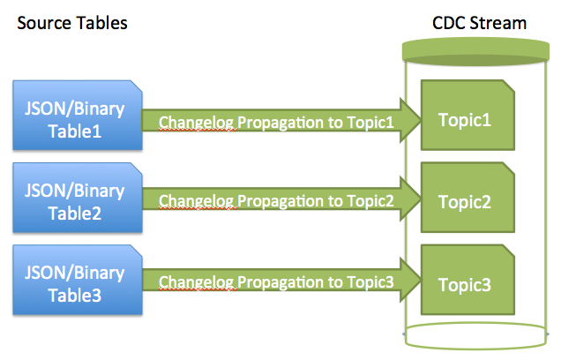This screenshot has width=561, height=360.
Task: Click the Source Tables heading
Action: pyautogui.click(x=72, y=23)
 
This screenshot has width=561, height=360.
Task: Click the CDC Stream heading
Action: pyautogui.click(x=480, y=23)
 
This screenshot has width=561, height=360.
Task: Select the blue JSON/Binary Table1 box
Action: pyautogui.click(x=78, y=115)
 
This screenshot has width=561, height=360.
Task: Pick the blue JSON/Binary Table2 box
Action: pyautogui.click(x=78, y=198)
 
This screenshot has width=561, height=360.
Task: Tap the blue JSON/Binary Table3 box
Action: pyautogui.click(x=78, y=280)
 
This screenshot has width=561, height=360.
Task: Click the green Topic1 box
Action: pyautogui.click(x=468, y=115)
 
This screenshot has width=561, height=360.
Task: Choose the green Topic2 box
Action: pyautogui.click(x=468, y=198)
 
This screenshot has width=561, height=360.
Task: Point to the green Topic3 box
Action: pyautogui.click(x=468, y=280)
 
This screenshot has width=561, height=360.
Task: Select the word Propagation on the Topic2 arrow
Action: pyautogui.click(x=280, y=201)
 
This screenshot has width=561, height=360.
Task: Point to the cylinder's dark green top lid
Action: pyautogui.click(x=475, y=51)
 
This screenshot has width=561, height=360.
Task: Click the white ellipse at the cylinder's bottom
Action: pyautogui.click(x=475, y=347)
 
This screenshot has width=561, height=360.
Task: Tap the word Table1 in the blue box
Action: pyautogui.click(x=75, y=131)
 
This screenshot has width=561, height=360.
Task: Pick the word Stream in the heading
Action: pyautogui.click(x=498, y=23)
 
